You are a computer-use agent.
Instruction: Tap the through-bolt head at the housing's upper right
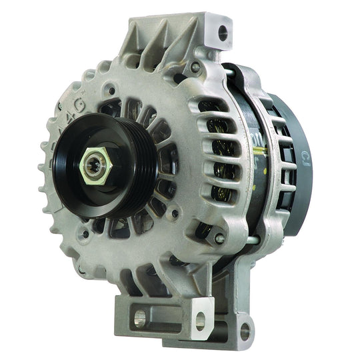(195, 67)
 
